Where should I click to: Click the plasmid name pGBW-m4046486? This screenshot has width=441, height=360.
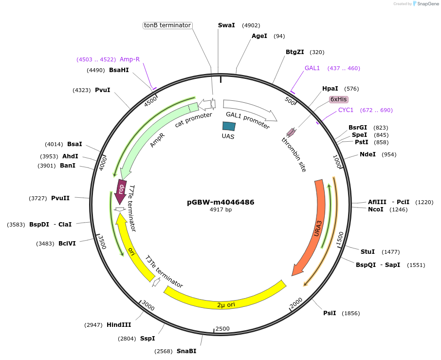pos(220,202)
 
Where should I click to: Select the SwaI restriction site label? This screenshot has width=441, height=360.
pos(226,25)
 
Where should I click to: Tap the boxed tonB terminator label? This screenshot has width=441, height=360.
pos(167,25)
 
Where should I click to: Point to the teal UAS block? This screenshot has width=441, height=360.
pos(228,126)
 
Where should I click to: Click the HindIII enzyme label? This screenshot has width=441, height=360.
pos(119,325)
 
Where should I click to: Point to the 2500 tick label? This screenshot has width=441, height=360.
pos(222,329)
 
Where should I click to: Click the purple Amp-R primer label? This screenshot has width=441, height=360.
pos(129,59)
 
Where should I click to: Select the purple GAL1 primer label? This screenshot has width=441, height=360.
pos(312,68)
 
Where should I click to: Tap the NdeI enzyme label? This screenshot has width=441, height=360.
pos(367,154)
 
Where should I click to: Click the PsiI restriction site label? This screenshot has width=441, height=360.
pos(330,313)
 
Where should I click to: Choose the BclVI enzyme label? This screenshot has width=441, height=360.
pos(67,244)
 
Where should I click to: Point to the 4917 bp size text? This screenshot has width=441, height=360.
pos(220,210)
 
